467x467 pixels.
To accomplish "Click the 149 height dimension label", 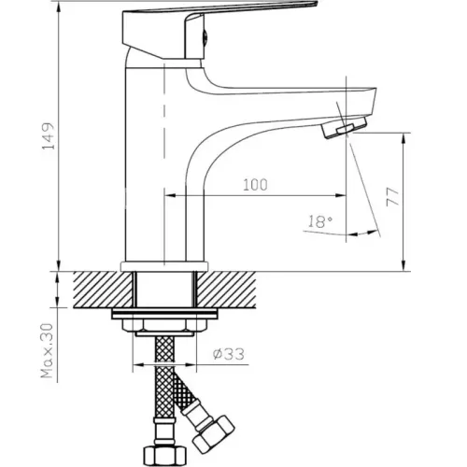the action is (49, 136).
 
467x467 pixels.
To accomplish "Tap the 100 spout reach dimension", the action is (255, 185).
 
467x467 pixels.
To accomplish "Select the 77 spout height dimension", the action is (393, 197).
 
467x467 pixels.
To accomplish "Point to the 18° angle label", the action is (320, 221).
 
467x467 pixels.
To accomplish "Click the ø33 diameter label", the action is (229, 354).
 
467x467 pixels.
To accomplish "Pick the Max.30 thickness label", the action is (48, 351).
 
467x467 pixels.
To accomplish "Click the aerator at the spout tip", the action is (345, 127).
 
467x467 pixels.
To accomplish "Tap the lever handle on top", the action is (218, 30).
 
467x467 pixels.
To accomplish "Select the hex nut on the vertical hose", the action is (164, 456).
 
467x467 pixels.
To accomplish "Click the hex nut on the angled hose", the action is (213, 436).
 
